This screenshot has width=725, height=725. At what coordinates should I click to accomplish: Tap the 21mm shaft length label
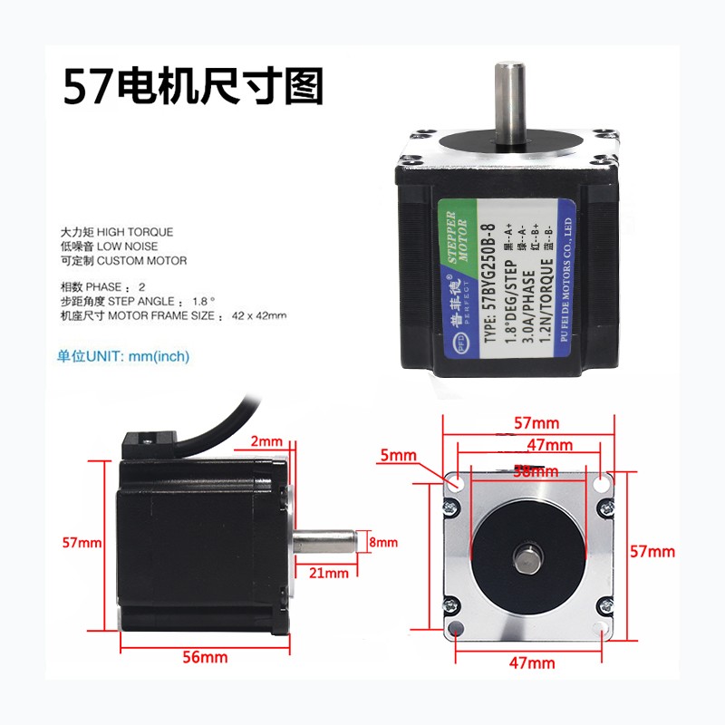pos(329,573)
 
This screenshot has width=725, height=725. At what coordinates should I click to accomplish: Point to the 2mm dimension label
pos(266,442)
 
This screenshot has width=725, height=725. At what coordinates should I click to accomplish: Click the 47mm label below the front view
pos(531,662)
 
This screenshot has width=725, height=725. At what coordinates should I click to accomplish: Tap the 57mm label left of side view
pos(82,542)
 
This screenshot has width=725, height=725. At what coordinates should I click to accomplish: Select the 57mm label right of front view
pos(652,551)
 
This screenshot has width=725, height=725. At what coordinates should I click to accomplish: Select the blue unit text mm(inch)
pos(159,356)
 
